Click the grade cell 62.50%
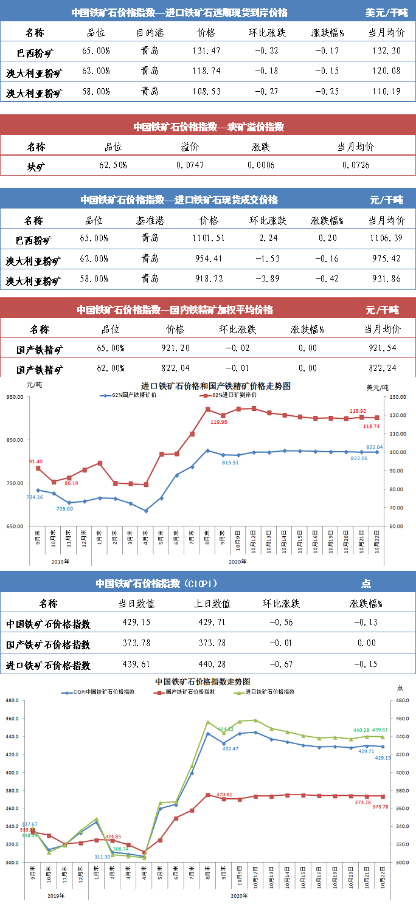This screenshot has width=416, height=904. pos(113,165)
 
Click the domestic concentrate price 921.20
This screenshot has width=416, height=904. pos(175,348)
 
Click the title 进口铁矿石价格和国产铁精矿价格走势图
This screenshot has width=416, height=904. pos(215,385)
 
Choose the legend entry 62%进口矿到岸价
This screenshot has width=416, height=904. pos(228,395)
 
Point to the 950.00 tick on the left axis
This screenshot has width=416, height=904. pos(15,397)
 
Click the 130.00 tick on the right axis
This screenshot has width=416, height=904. pos(398,397)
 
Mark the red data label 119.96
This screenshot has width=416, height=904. pos(220,422)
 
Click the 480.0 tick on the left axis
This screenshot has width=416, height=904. pos(12,700)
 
